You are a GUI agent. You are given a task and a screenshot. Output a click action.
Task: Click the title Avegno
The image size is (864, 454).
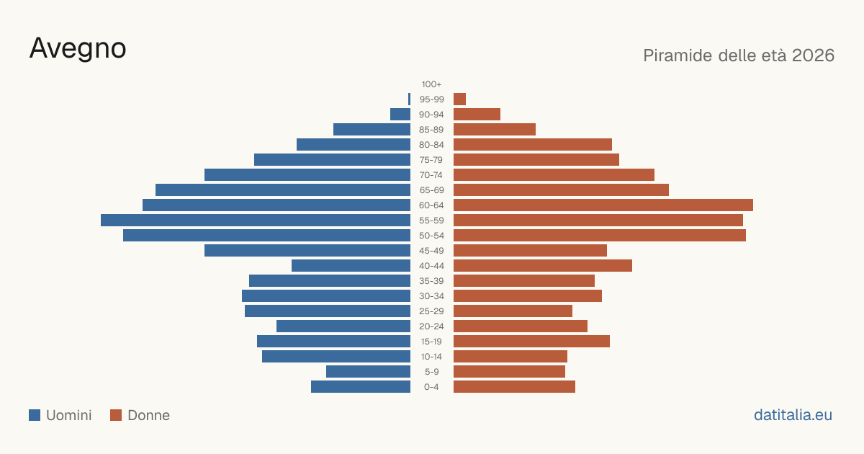coord(78,49)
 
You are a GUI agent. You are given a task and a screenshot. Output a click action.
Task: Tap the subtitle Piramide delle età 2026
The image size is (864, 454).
coord(739,55)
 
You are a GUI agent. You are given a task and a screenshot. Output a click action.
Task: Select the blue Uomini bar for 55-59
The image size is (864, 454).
coord(256,220)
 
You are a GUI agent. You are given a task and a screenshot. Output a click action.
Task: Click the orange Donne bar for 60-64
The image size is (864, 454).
coord(603,205)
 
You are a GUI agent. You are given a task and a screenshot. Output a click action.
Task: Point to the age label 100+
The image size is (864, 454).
coord(431,84)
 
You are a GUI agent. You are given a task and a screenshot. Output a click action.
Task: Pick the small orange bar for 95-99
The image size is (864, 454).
coord(460,99)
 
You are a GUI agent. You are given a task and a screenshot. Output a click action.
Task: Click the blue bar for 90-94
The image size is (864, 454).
coord(400,115)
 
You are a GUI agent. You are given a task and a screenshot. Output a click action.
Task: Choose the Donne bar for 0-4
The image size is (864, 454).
coord(514,386)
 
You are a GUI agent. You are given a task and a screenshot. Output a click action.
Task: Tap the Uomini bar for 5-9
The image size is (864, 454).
coord(369,371)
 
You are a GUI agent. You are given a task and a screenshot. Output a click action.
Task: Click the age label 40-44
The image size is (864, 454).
coord(431,266)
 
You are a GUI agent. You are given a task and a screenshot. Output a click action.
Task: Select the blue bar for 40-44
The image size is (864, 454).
coord(351,266)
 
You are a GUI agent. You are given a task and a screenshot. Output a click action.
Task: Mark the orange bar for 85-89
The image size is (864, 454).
coord(495,129)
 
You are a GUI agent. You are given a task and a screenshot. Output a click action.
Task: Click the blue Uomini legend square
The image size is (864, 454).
coord(35,415)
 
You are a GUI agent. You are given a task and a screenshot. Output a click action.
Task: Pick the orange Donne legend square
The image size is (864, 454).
coord(116,415)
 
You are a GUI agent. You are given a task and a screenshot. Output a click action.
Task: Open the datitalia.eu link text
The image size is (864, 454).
coord(793,415)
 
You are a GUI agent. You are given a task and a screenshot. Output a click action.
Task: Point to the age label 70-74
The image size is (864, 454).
coord(431,175)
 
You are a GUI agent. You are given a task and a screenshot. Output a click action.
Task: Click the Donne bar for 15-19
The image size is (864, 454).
coord(531,342)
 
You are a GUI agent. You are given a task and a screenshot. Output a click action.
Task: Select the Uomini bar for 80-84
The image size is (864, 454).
coord(354,144)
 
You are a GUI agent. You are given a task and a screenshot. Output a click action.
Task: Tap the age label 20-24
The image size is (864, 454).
coord(431,326)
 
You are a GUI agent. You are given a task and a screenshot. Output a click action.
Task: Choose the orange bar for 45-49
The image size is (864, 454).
coord(530,251)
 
